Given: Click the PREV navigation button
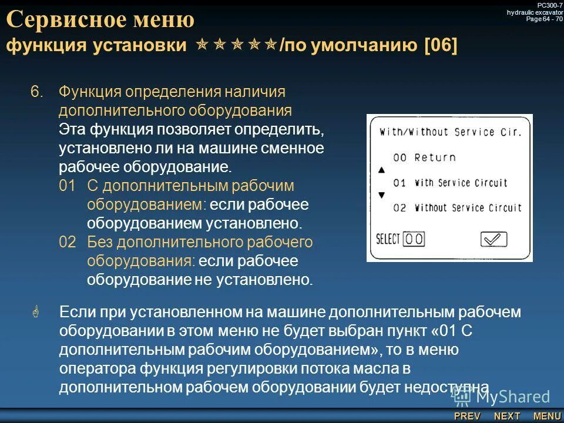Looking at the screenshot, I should tap(467, 416).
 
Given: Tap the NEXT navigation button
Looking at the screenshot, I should tap(507, 416).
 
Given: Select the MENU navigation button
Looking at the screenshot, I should tap(547, 416).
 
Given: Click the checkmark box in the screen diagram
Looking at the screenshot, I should tap(493, 239).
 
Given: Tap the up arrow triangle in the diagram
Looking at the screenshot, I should tap(381, 170).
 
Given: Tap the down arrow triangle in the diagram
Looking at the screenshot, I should tap(381, 194).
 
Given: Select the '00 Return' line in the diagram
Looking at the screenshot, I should tap(424, 157).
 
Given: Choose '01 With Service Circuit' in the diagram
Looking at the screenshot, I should tap(450, 183).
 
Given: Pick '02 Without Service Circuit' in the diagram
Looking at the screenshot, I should tap(457, 207).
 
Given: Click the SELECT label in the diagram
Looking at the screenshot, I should tap(388, 239).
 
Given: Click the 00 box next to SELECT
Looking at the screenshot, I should tap(414, 239).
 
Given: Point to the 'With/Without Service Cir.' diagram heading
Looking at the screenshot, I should tap(451, 132).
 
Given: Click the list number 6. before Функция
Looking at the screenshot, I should tap(37, 92).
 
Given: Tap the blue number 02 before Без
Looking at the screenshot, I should tap(67, 243).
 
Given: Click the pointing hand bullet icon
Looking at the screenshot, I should tap(36, 313).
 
